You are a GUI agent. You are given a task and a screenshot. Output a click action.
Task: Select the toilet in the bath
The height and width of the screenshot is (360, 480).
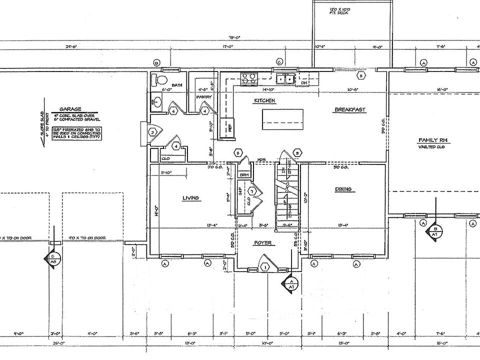pyautogui.click(x=160, y=80)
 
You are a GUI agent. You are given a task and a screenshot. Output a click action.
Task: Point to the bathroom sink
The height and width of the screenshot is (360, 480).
pyautogui.click(x=156, y=102)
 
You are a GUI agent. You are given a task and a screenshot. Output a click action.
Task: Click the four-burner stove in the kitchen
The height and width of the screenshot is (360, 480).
pyautogui.click(x=248, y=78)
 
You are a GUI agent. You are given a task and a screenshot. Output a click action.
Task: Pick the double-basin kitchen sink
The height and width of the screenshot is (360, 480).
pyautogui.click(x=285, y=78)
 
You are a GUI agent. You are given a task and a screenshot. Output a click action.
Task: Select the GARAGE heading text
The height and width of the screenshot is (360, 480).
pyautogui.click(x=70, y=108)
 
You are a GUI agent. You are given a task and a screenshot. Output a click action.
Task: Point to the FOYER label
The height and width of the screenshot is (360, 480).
pyautogui.click(x=262, y=243)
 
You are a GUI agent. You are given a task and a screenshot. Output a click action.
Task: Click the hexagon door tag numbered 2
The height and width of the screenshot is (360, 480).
pyautogui.click(x=152, y=132)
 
